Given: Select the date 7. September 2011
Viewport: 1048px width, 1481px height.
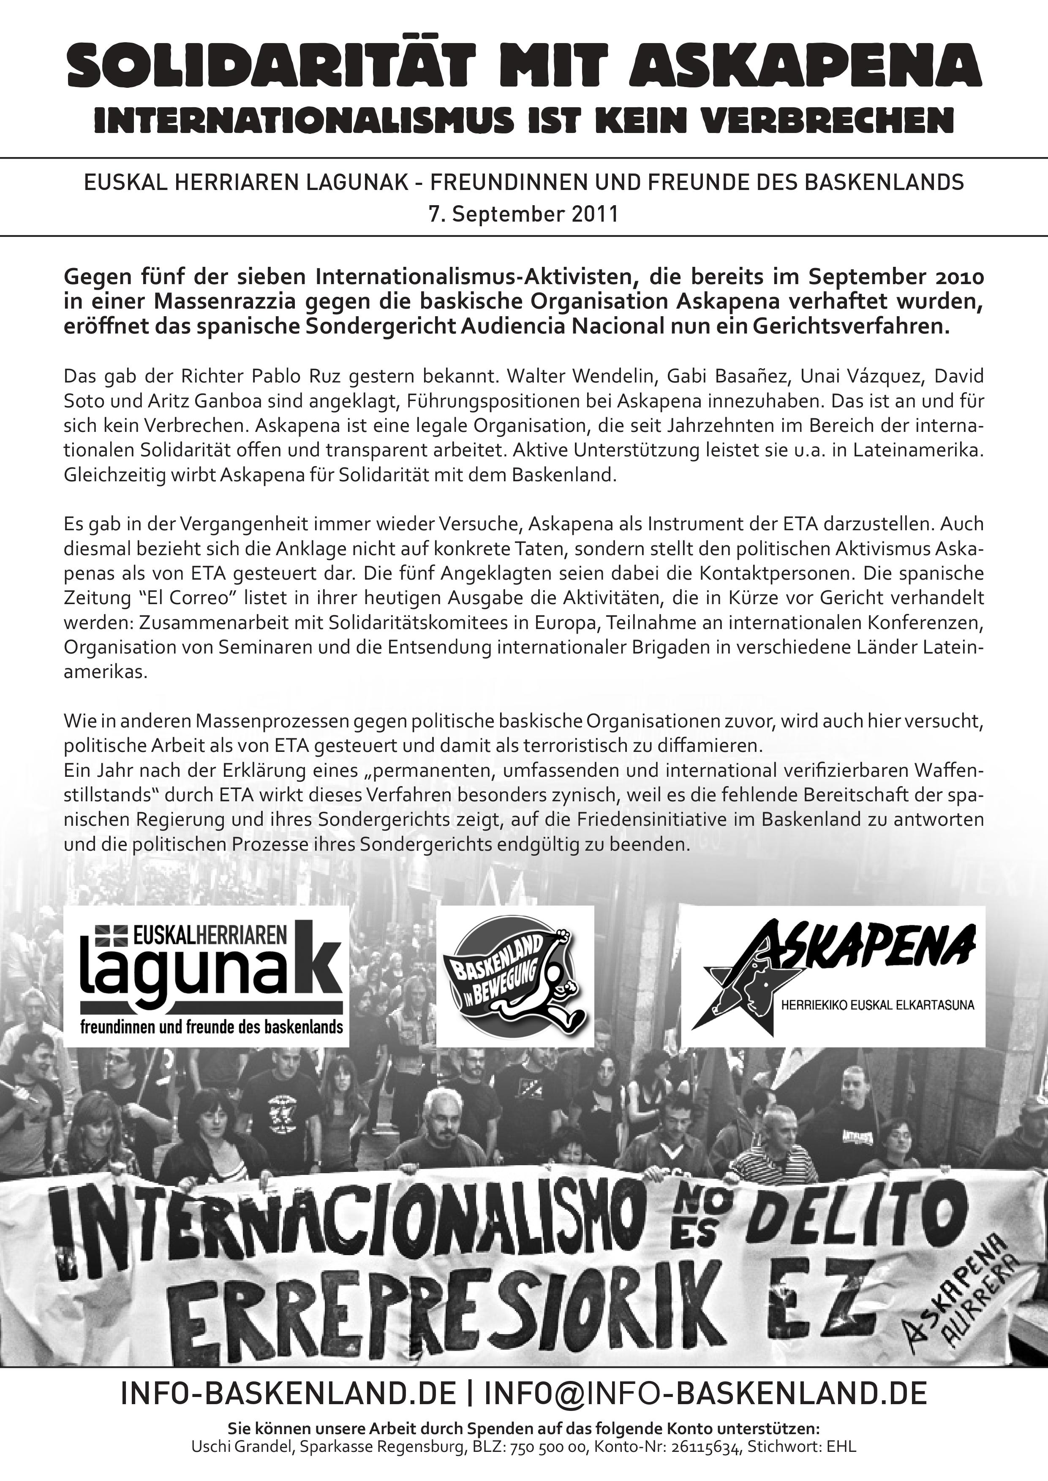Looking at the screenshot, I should [x=523, y=214].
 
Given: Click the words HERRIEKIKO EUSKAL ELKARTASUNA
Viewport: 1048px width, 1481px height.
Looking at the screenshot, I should [x=877, y=1005].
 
